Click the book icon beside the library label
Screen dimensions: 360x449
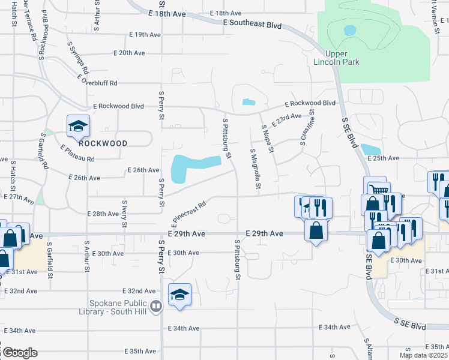point(156,307)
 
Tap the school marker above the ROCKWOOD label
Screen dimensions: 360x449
point(78,126)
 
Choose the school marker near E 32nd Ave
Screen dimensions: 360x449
point(179,295)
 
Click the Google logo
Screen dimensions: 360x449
point(19,352)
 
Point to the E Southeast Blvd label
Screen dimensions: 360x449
point(252,25)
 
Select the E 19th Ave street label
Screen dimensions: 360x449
point(138,35)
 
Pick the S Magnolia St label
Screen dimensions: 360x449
point(254,170)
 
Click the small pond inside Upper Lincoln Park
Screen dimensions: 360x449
point(349,29)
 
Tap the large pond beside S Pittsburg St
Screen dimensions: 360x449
point(192,166)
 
